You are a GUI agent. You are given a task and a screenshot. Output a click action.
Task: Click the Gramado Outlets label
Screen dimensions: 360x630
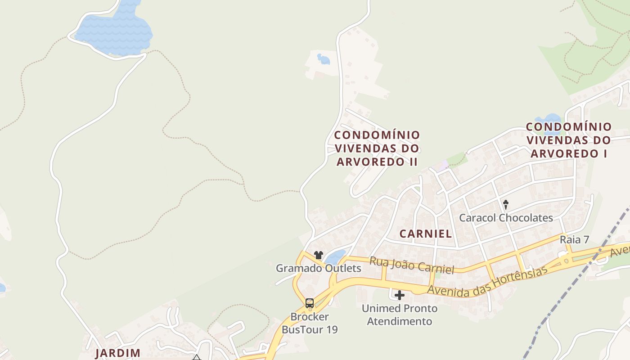click(318, 268)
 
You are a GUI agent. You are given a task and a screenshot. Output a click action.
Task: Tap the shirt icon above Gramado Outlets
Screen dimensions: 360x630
click(319, 255)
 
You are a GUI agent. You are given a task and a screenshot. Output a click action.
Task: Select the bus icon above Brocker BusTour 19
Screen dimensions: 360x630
click(310, 303)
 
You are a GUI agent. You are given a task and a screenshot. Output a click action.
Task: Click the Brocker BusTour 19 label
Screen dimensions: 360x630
click(310, 323)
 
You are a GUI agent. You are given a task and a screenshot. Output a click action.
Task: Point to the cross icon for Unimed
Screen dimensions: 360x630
click(400, 295)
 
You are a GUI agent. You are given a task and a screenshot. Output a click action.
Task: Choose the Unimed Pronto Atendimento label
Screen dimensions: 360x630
click(400, 315)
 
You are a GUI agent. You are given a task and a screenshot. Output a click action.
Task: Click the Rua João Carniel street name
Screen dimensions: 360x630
click(411, 265)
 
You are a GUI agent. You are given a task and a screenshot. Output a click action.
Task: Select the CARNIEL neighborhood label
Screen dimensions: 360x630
click(425, 234)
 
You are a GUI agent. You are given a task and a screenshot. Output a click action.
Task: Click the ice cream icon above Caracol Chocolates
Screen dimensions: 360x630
click(505, 205)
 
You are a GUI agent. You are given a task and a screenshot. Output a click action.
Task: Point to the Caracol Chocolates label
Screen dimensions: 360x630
click(506, 218)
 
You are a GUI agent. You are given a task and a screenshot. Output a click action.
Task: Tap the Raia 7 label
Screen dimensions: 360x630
click(574, 239)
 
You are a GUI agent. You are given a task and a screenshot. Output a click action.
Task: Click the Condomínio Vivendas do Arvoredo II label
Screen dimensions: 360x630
click(377, 148)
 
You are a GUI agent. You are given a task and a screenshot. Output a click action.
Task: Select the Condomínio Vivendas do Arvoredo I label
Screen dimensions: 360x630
click(569, 140)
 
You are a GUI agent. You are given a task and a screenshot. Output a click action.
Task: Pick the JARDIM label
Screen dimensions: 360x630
click(118, 353)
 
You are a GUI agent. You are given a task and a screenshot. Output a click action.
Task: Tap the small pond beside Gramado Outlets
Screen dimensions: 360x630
click(335, 257)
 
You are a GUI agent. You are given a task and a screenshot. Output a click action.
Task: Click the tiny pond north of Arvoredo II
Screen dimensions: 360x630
click(323, 58)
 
